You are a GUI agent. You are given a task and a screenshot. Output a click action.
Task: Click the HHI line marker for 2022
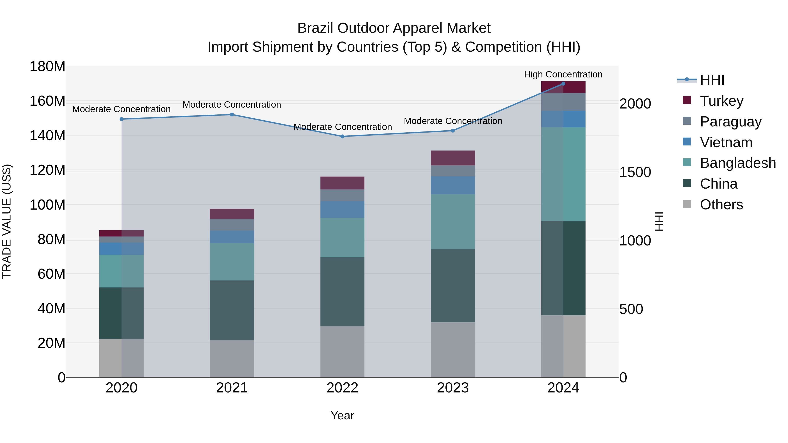click(342, 136)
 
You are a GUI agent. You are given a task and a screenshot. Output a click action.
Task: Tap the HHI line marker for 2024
click(563, 84)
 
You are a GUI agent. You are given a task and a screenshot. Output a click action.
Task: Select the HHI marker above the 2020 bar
click(121, 119)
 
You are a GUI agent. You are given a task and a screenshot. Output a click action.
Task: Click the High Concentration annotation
click(563, 74)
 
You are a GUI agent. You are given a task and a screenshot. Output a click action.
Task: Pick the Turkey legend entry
click(721, 101)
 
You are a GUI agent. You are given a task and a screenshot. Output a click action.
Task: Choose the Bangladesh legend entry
click(737, 163)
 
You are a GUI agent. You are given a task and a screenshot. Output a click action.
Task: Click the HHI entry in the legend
click(712, 80)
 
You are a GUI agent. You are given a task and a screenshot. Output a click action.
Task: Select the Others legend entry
click(721, 205)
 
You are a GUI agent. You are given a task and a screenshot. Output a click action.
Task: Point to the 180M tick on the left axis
click(47, 66)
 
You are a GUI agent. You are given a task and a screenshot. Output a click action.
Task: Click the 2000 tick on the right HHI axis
click(635, 104)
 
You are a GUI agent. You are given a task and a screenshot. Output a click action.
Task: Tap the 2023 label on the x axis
click(453, 388)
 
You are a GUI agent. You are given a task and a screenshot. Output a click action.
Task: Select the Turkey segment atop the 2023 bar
click(453, 158)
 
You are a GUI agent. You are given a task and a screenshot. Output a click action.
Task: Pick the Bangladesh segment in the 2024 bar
click(563, 174)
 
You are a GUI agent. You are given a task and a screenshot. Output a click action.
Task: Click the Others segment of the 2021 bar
click(232, 358)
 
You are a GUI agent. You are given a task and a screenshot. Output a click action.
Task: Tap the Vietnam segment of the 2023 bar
click(453, 185)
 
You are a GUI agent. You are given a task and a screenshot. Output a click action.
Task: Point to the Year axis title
click(342, 415)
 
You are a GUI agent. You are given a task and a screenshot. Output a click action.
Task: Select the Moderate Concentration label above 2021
click(232, 105)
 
